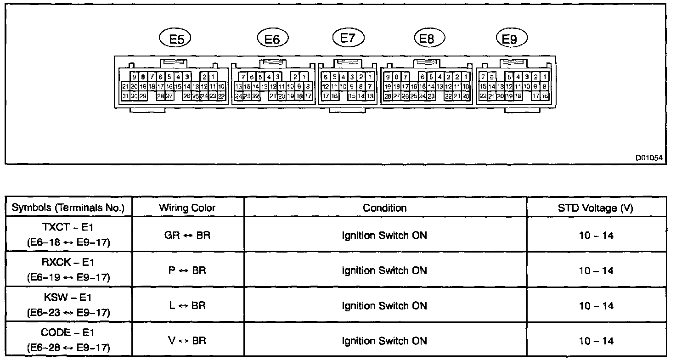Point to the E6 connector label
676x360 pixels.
272,39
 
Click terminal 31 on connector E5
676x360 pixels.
125,96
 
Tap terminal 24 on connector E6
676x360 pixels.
238,96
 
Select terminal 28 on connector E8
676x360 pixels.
388,96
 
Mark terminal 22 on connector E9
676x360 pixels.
483,96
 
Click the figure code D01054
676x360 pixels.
649,157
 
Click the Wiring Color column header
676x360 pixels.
187,208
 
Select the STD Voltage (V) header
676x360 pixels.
596,208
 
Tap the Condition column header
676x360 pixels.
385,208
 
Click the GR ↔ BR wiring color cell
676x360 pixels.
187,236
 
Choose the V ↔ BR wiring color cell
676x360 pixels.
187,341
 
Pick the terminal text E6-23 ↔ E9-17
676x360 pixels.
68,313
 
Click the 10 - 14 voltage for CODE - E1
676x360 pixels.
596,341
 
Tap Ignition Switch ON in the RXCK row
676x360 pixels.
385,270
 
